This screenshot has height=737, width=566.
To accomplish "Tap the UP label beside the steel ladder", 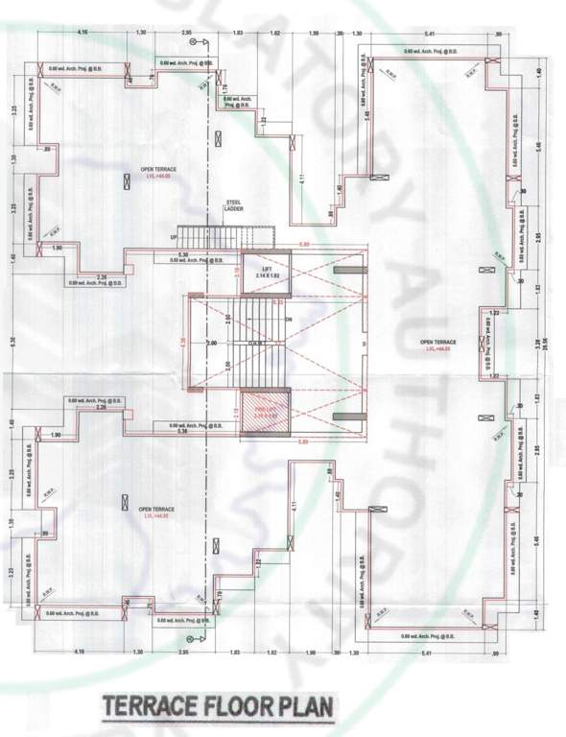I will (174, 237).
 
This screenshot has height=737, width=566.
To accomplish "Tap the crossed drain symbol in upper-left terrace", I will (126, 181).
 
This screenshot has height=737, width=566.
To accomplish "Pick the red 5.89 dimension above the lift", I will (305, 247).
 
